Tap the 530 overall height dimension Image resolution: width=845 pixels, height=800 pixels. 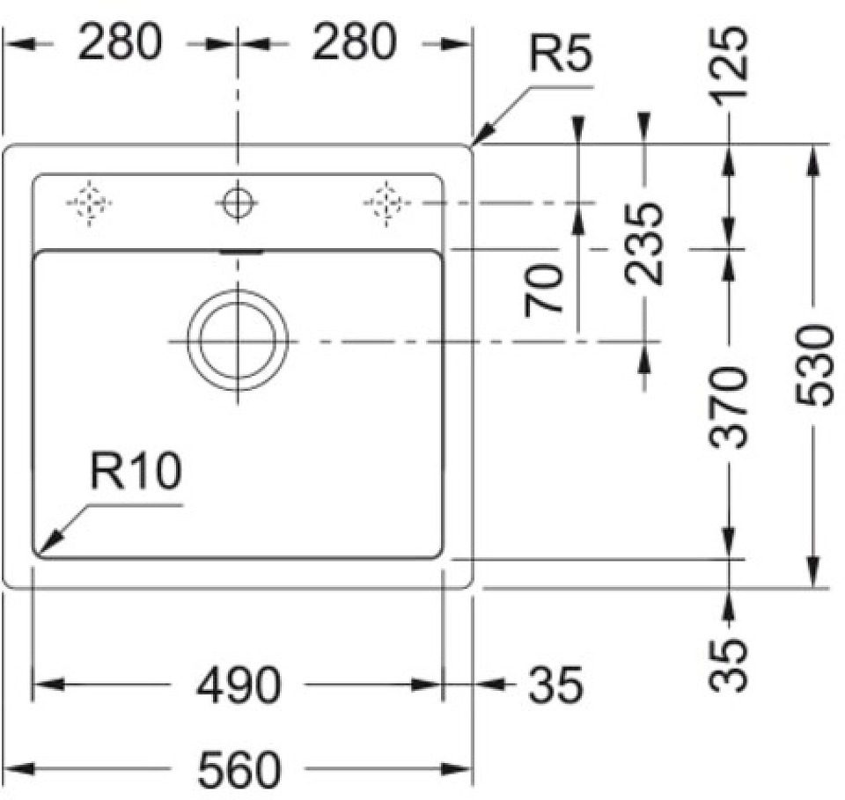pyautogui.click(x=814, y=364)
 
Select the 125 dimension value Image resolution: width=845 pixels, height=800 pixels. pyautogui.click(x=730, y=54)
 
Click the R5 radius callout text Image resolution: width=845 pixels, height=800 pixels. pyautogui.click(x=560, y=56)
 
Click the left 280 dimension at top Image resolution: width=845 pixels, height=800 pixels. pyautogui.click(x=121, y=42)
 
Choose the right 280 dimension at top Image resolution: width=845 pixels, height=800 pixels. pyautogui.click(x=355, y=42)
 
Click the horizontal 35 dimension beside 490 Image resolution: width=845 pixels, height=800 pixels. pyautogui.click(x=555, y=685)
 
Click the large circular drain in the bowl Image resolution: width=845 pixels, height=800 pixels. pyautogui.click(x=238, y=340)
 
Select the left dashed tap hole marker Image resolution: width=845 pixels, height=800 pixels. pyautogui.click(x=89, y=203)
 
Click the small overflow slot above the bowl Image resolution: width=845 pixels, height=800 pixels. pyautogui.click(x=239, y=252)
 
